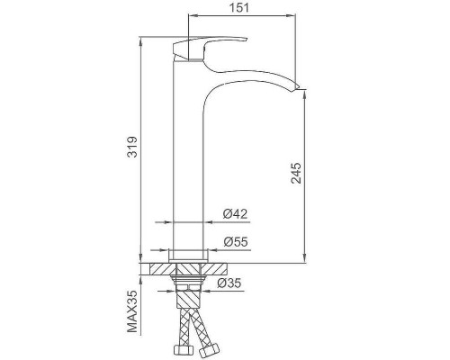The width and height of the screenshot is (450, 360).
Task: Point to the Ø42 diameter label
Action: (235, 213)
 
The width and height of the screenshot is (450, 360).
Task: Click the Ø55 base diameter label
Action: (235, 241)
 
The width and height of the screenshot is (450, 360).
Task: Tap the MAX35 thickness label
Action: (131, 310)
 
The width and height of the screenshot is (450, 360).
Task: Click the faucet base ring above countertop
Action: (188, 254)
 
